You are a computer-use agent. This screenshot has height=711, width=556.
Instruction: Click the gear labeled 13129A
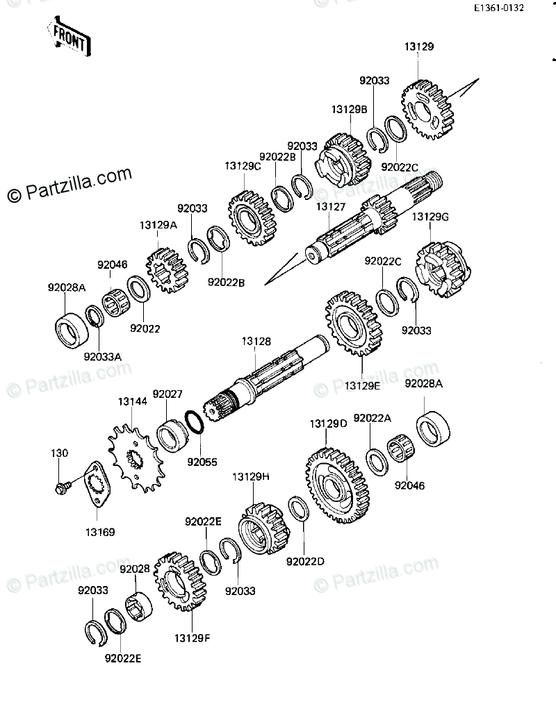[x=166, y=270]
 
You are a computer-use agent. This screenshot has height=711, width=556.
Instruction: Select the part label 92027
[x=167, y=394]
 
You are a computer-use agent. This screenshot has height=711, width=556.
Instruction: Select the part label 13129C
[x=242, y=167]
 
